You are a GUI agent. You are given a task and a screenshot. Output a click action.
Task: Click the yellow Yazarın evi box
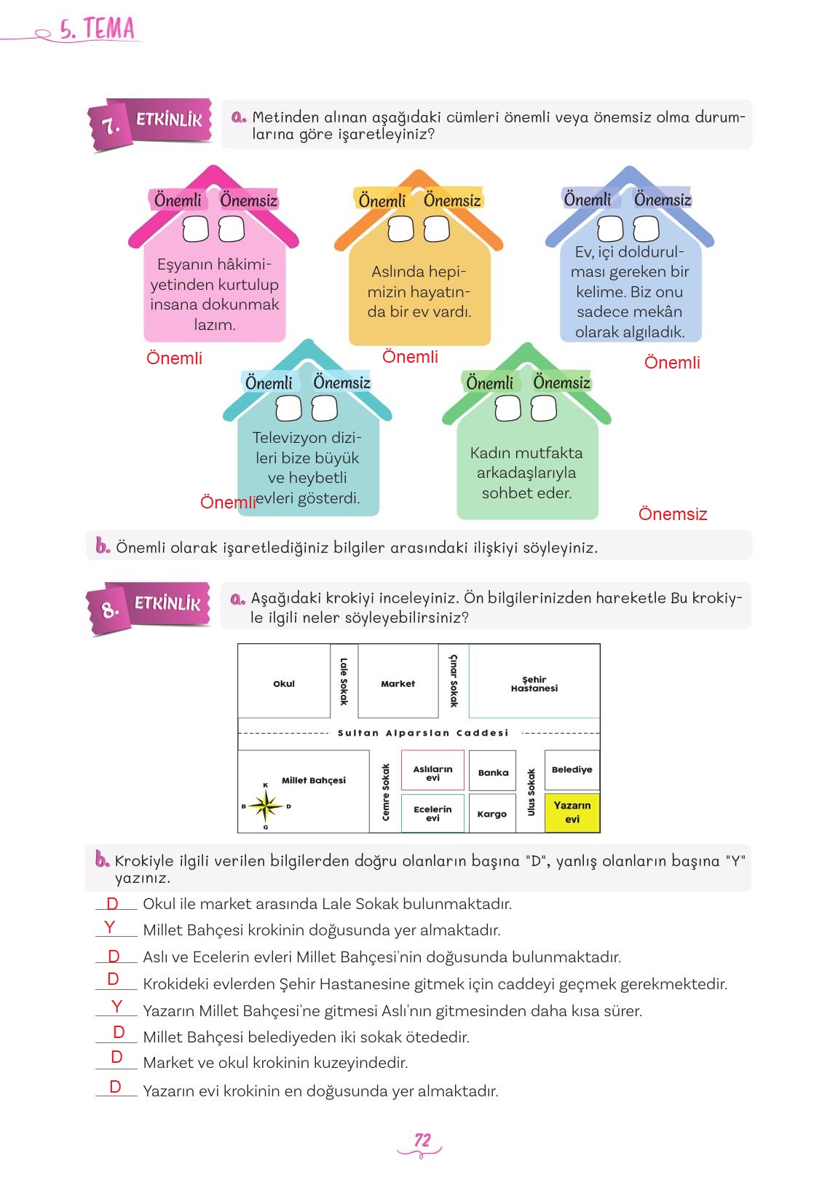pyautogui.click(x=572, y=812)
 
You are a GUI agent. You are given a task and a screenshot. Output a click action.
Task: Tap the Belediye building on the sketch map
pyautogui.click(x=572, y=770)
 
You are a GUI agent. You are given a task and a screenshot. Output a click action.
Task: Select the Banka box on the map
pyautogui.click(x=493, y=772)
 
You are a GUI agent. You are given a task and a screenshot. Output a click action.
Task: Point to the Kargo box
pyautogui.click(x=492, y=814)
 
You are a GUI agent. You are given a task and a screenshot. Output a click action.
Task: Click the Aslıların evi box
pyautogui.click(x=432, y=773)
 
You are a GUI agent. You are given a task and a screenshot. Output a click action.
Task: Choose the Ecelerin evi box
pyautogui.click(x=432, y=813)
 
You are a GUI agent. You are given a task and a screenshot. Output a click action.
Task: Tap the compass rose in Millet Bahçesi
pyautogui.click(x=266, y=806)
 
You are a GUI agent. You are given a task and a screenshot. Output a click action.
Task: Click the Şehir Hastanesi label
pyautogui.click(x=534, y=684)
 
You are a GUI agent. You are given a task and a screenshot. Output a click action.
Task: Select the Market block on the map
pyautogui.click(x=398, y=683)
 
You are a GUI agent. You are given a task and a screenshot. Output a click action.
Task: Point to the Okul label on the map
pyautogui.click(x=284, y=683)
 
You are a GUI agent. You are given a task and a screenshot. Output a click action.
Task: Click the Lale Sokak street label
pyautogui.click(x=344, y=682)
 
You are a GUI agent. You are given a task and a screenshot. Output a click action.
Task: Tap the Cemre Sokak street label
pyautogui.click(x=386, y=792)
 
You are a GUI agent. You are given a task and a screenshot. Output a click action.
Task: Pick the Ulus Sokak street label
pyautogui.click(x=531, y=792)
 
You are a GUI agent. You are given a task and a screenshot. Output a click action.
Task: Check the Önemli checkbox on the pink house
pyautogui.click(x=195, y=229)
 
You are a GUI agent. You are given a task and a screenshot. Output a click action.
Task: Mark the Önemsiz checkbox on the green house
pyautogui.click(x=543, y=409)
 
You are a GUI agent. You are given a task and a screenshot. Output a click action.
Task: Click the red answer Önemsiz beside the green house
pyautogui.click(x=672, y=514)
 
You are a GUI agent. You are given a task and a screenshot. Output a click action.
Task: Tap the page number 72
pyautogui.click(x=422, y=1140)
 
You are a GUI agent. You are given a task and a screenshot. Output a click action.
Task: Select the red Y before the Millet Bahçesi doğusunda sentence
pyautogui.click(x=110, y=927)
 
